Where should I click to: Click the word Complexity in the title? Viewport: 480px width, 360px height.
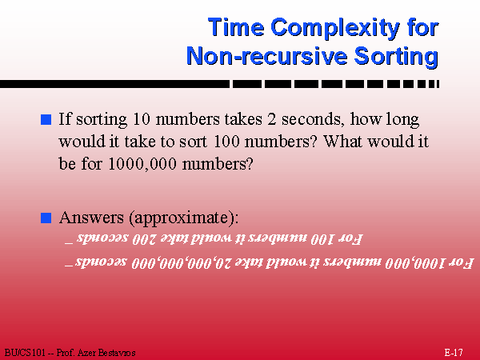(x=335, y=29)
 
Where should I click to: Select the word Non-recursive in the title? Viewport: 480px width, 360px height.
(x=266, y=56)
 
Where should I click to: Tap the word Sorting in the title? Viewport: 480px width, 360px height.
(x=396, y=58)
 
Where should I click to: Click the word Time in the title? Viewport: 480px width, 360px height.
(x=236, y=27)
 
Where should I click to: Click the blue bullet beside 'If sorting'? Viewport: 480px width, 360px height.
(x=46, y=119)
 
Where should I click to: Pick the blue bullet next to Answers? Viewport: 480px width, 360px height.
(x=46, y=218)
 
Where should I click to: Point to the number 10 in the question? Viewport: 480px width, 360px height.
(x=142, y=118)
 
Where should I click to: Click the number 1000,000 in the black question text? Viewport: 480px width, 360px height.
(x=142, y=164)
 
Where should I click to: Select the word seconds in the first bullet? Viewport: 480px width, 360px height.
(x=311, y=119)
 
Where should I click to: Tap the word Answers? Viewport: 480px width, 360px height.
(x=91, y=218)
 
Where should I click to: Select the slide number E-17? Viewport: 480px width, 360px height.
(x=454, y=352)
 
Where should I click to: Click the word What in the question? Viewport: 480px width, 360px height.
(x=343, y=142)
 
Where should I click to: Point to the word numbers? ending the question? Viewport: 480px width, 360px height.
(x=218, y=164)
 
